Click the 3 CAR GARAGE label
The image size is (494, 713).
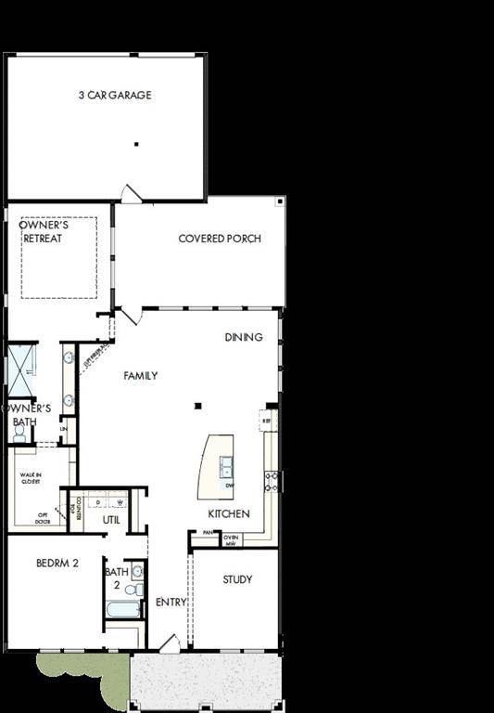tap(116, 95)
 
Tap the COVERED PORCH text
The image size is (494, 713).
tap(220, 239)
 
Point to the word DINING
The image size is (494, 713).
tap(244, 337)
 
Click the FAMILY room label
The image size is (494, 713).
tap(141, 376)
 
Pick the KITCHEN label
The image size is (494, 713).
tap(228, 513)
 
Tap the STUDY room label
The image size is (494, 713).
tap(237, 580)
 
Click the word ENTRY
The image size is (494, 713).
tap(171, 603)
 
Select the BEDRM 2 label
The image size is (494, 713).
tap(57, 563)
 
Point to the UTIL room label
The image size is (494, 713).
tap(111, 520)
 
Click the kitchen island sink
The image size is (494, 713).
tap(227, 465)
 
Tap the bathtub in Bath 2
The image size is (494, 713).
tap(122, 609)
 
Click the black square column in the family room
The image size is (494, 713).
tap(196, 407)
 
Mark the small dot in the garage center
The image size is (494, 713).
tap(136, 144)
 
